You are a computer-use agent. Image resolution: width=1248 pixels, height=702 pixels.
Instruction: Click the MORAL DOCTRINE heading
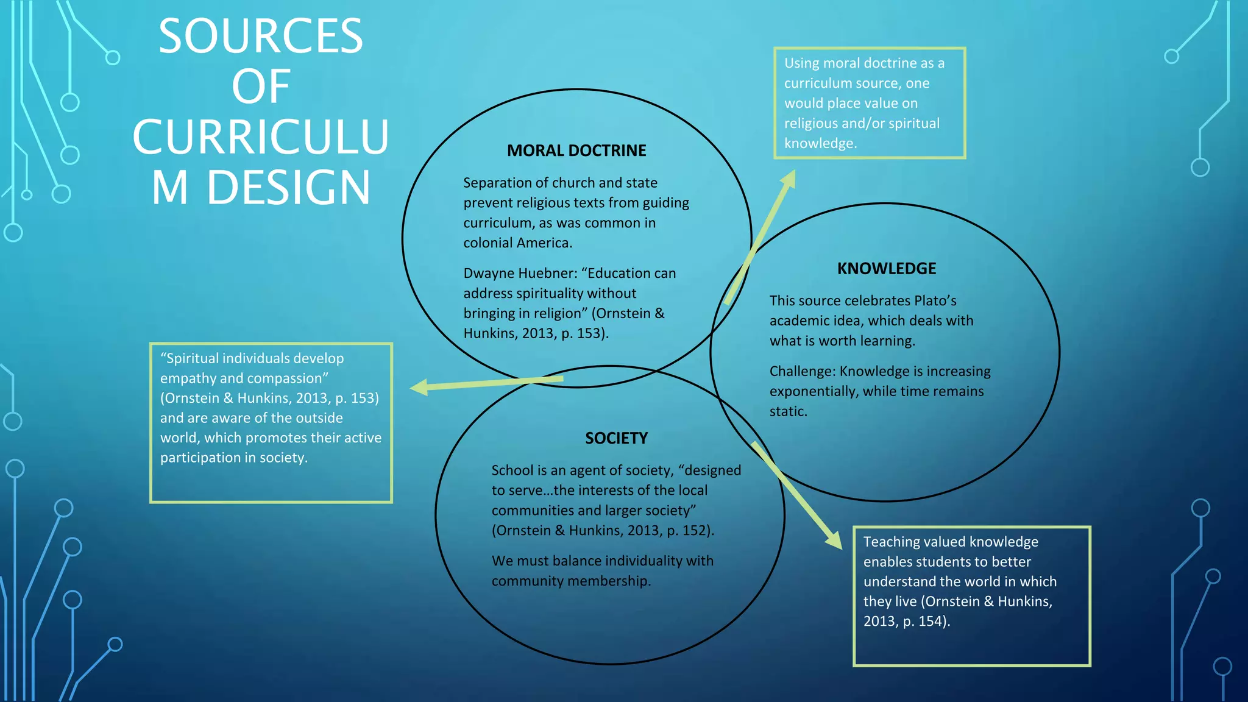576,151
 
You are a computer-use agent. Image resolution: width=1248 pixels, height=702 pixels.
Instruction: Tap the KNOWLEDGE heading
886,269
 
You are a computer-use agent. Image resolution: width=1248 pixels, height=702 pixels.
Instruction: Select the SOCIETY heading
616,438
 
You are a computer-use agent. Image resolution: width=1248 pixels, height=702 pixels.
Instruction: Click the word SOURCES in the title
261,37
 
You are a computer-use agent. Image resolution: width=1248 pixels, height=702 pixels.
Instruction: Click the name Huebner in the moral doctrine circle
545,274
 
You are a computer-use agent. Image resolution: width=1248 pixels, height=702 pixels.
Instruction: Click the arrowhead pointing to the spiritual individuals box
419,387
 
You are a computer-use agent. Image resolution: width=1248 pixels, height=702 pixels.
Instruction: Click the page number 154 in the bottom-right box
931,622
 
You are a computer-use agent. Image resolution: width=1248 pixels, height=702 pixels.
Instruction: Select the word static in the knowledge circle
787,412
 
